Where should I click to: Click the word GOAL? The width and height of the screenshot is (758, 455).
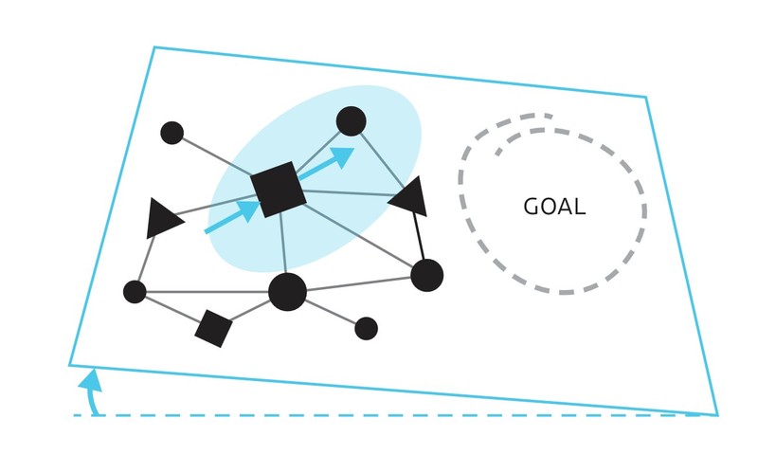[x=554, y=207]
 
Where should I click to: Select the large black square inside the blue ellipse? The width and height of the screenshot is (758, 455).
[x=279, y=189]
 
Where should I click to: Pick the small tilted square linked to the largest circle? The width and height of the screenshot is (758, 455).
[x=213, y=328]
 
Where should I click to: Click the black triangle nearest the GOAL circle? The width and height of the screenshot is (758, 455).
[x=410, y=197]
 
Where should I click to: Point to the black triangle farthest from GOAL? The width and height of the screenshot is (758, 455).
[x=163, y=219]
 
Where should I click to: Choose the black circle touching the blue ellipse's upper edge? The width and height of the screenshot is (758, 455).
[x=351, y=121]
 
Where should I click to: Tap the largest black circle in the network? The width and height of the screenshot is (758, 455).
[x=287, y=291]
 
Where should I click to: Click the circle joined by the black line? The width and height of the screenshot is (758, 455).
[x=426, y=275]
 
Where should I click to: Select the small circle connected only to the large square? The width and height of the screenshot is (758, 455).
[x=171, y=133]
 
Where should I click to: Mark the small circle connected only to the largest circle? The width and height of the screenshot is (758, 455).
[x=366, y=328]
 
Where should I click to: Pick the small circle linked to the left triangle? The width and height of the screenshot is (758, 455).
[x=135, y=292]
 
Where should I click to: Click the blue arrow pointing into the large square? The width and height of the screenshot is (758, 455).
[x=230, y=217]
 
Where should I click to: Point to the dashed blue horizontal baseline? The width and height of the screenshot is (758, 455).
[x=379, y=415]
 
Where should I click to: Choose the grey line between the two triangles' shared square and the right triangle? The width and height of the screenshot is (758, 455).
[x=346, y=192]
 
